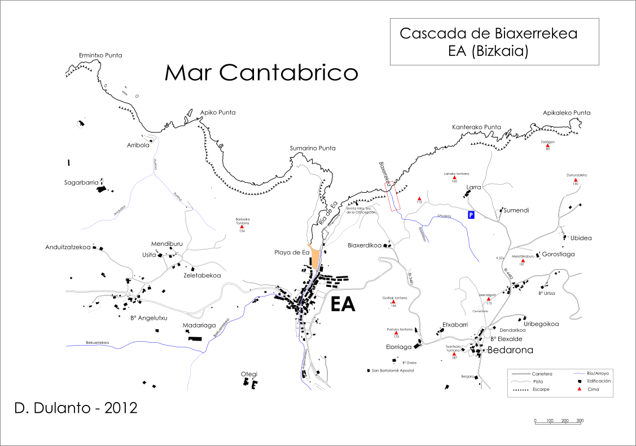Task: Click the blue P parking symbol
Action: pos(471,215)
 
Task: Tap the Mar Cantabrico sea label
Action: pos(261,72)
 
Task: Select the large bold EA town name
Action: pos(343,304)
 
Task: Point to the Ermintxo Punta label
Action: pos(100,55)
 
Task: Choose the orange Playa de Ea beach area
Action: pos(315,260)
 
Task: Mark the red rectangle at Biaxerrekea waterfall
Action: pos(392,197)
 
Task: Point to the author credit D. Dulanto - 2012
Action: pos(75,408)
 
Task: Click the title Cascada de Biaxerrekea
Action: pos(488,33)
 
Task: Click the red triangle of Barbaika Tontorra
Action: pos(242,227)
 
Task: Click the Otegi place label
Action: pos(249,374)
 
